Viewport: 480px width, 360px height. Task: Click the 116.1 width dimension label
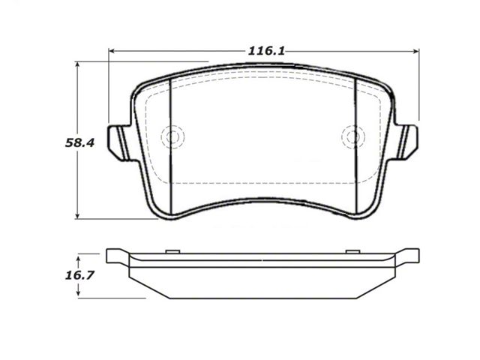[266, 51]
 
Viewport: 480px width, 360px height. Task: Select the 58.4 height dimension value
[80, 142]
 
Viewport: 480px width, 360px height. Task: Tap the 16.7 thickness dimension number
[79, 275]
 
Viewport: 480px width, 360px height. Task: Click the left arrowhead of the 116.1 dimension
[112, 51]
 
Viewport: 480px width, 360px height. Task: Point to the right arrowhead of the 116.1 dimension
[416, 51]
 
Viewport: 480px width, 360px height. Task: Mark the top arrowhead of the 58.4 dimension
[77, 64]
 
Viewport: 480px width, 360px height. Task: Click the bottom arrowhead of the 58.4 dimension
[77, 216]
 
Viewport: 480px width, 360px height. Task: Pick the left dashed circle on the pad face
[172, 136]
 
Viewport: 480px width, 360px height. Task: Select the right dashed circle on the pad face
[353, 136]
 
